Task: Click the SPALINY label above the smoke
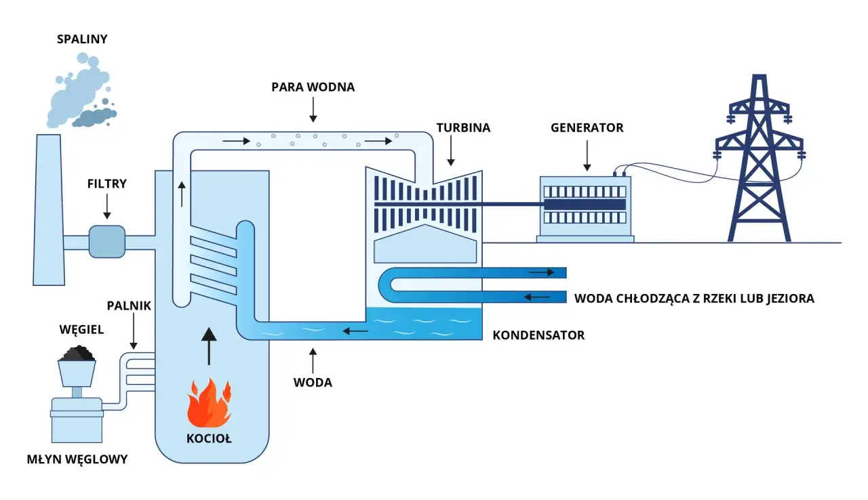click(81, 40)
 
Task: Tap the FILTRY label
click(106, 184)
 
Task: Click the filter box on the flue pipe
click(107, 242)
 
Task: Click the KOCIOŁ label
click(209, 438)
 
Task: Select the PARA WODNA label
click(313, 87)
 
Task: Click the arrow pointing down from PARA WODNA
click(313, 108)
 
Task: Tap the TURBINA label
click(463, 127)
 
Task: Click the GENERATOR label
click(587, 127)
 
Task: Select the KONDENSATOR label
click(538, 335)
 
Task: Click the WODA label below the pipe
click(313, 383)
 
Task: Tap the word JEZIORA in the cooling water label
click(789, 298)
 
